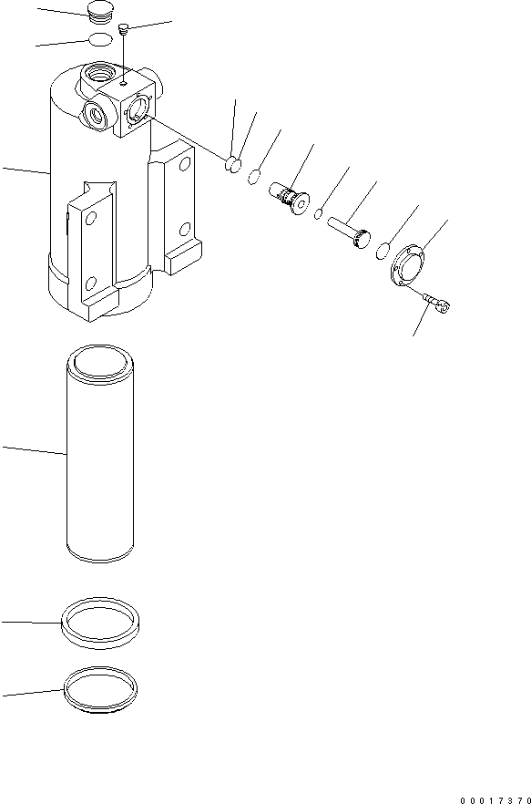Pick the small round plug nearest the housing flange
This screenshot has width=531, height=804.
[233, 164]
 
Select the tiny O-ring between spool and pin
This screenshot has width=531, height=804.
[320, 215]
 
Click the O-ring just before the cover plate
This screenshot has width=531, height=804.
[386, 250]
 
